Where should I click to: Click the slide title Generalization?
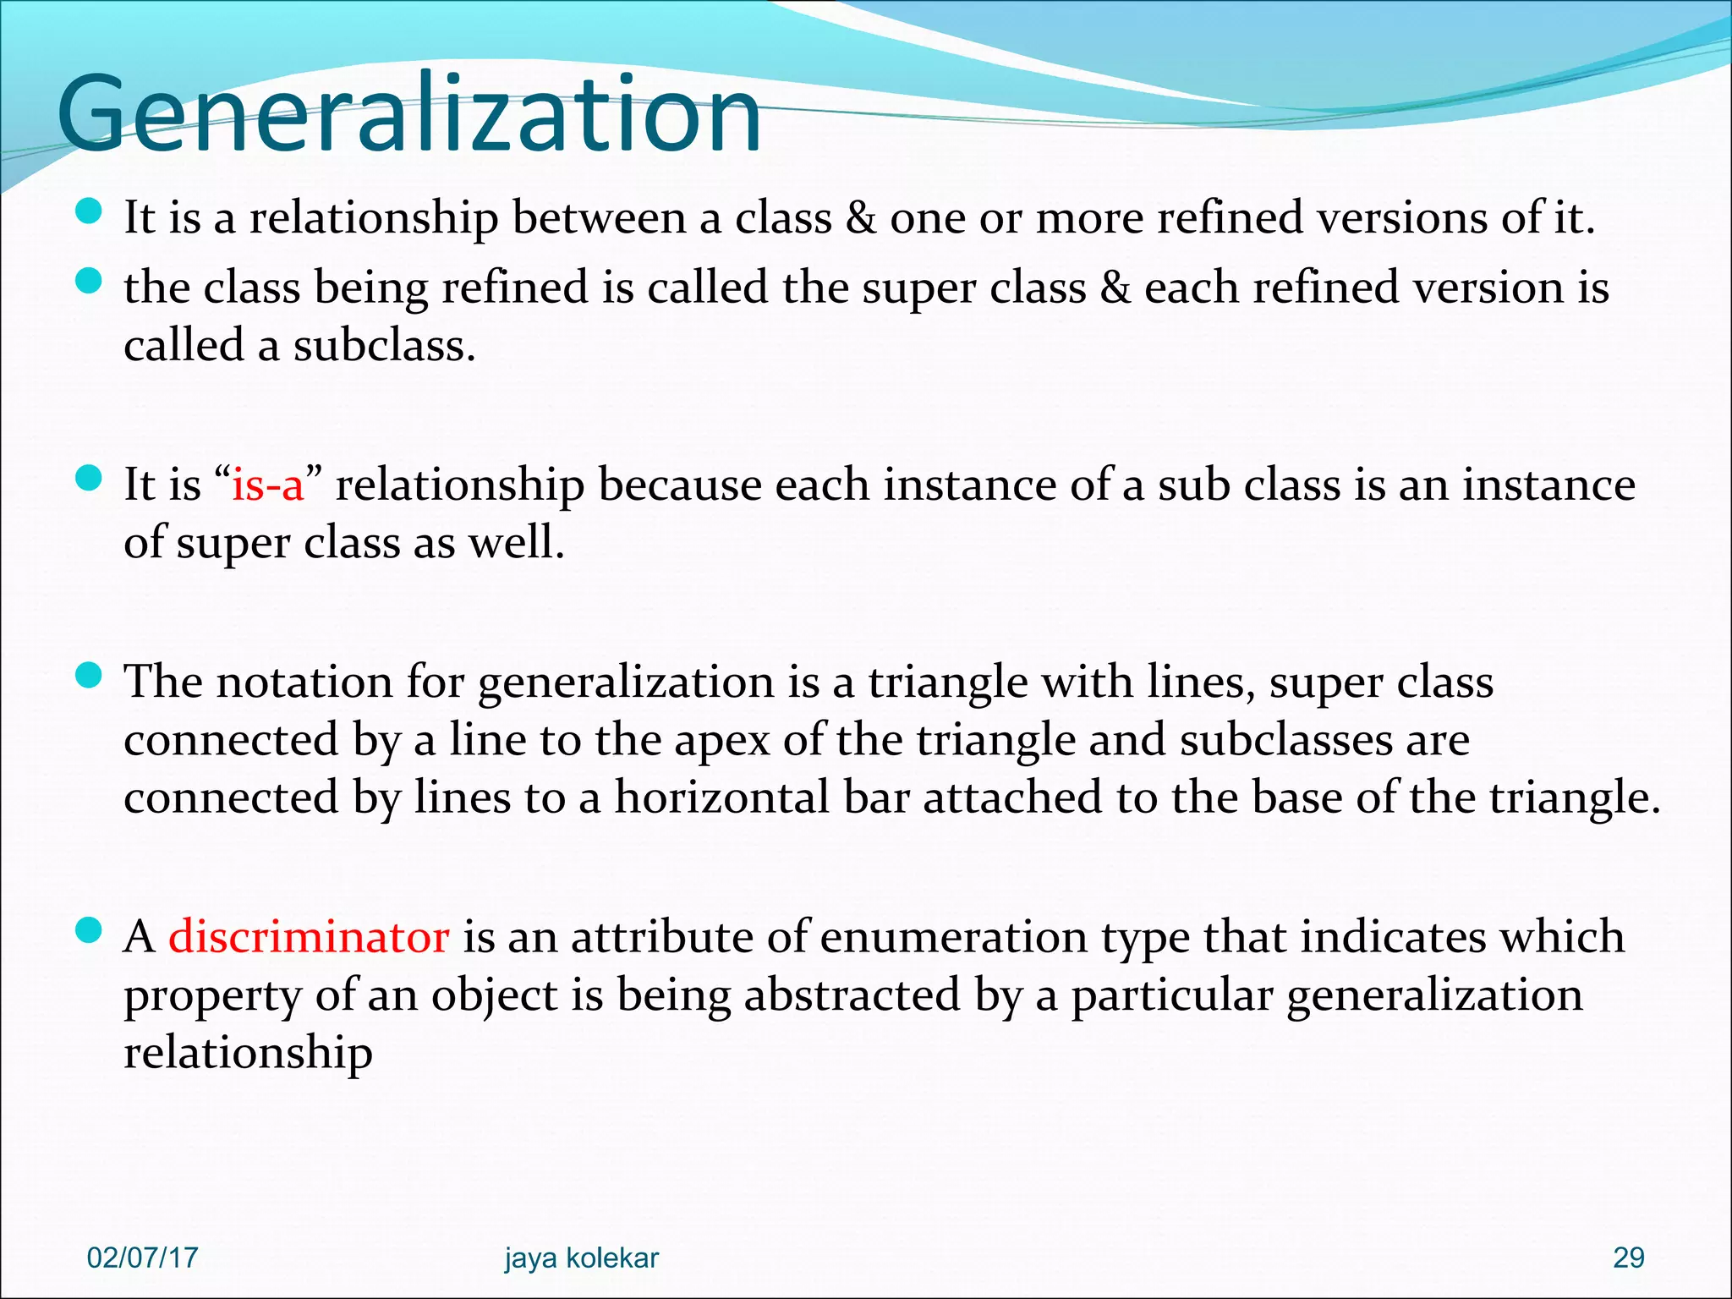coord(409,114)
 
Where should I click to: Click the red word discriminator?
coord(309,937)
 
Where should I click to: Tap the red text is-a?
coord(267,485)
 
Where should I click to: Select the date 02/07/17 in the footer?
coord(142,1258)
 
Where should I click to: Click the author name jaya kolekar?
coord(582,1258)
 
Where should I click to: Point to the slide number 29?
coord(1629,1258)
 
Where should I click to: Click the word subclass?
coord(384,345)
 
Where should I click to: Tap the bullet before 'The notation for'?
coord(88,676)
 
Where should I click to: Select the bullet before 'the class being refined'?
coord(88,281)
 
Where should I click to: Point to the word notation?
coord(305,682)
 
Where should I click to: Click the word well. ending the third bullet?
coord(517,542)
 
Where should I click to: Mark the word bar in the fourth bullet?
coord(877,797)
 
